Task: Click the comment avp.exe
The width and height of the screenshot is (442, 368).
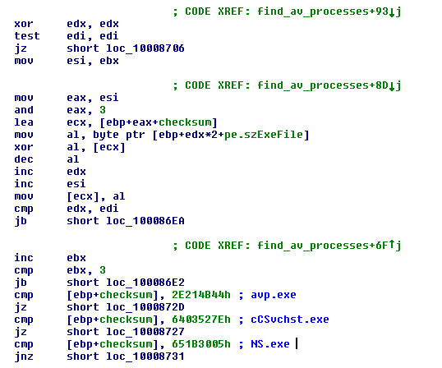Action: point(274,295)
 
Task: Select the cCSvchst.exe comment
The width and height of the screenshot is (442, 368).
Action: point(290,320)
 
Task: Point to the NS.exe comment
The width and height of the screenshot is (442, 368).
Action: point(270,344)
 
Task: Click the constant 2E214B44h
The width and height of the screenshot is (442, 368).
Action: point(201,295)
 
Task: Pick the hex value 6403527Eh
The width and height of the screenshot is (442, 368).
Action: point(201,320)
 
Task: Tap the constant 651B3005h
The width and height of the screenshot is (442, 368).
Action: point(201,344)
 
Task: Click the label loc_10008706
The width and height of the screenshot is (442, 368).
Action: point(145,48)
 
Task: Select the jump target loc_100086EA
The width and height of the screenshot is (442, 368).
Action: point(145,221)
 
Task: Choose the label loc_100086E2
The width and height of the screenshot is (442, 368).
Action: point(145,283)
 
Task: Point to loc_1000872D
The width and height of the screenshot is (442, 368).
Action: point(145,307)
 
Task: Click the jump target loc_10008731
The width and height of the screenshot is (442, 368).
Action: point(145,356)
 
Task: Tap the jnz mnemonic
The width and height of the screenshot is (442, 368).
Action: point(24,356)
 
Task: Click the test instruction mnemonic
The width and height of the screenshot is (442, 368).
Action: point(27,36)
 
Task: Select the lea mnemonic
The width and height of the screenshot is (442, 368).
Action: point(24,122)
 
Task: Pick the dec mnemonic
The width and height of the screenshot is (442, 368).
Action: point(24,159)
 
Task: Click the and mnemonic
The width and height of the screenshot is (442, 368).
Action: point(24,110)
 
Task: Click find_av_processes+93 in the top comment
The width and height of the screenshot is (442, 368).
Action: point(323,11)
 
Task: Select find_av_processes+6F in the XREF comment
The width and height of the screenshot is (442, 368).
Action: point(323,246)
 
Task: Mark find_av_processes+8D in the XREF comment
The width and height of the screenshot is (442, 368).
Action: point(323,85)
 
